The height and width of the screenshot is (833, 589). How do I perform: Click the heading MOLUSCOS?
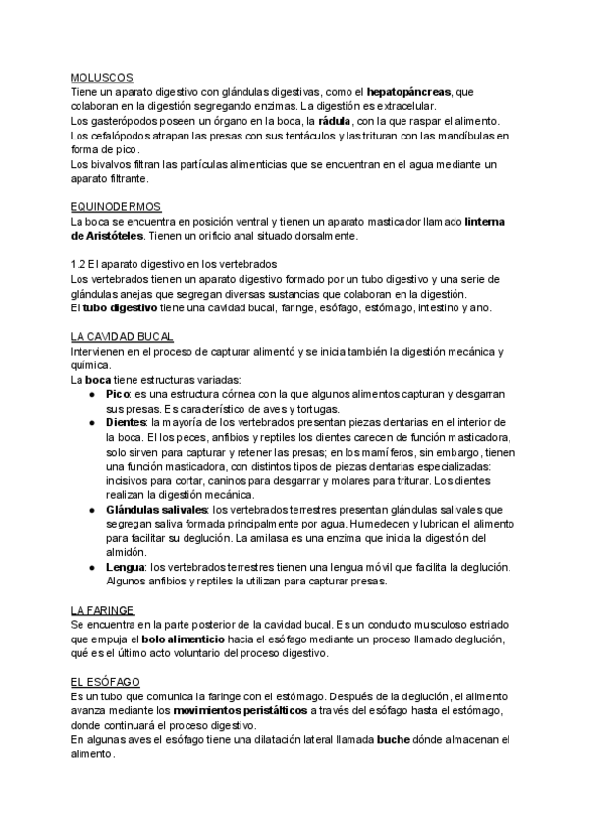(x=101, y=77)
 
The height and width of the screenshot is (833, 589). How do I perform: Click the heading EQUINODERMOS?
(x=117, y=207)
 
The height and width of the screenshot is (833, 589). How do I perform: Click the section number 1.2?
(x=80, y=265)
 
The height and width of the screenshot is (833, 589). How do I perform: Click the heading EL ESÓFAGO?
(x=106, y=682)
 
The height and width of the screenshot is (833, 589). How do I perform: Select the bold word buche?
(x=397, y=740)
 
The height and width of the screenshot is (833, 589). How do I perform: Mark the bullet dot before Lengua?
(x=93, y=568)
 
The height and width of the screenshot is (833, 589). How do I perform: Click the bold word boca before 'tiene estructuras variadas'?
(x=96, y=380)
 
